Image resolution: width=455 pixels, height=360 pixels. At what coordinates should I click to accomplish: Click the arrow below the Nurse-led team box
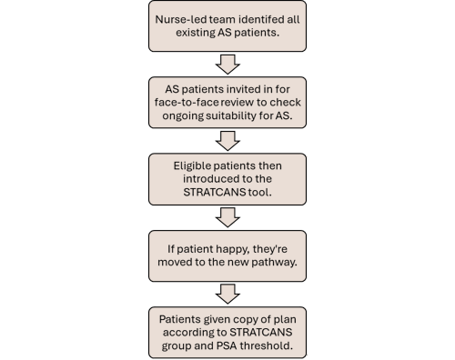[228, 63]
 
